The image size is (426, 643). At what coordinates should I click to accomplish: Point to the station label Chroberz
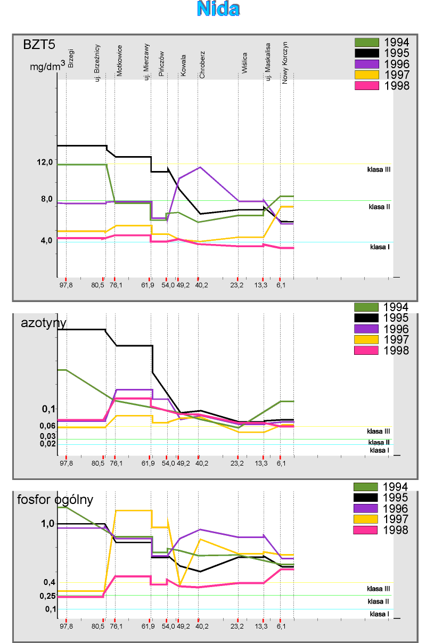pos(202,65)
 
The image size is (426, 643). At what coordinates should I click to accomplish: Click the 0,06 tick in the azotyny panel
pos(47,426)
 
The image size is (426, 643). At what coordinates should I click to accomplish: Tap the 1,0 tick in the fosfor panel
pos(47,524)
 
